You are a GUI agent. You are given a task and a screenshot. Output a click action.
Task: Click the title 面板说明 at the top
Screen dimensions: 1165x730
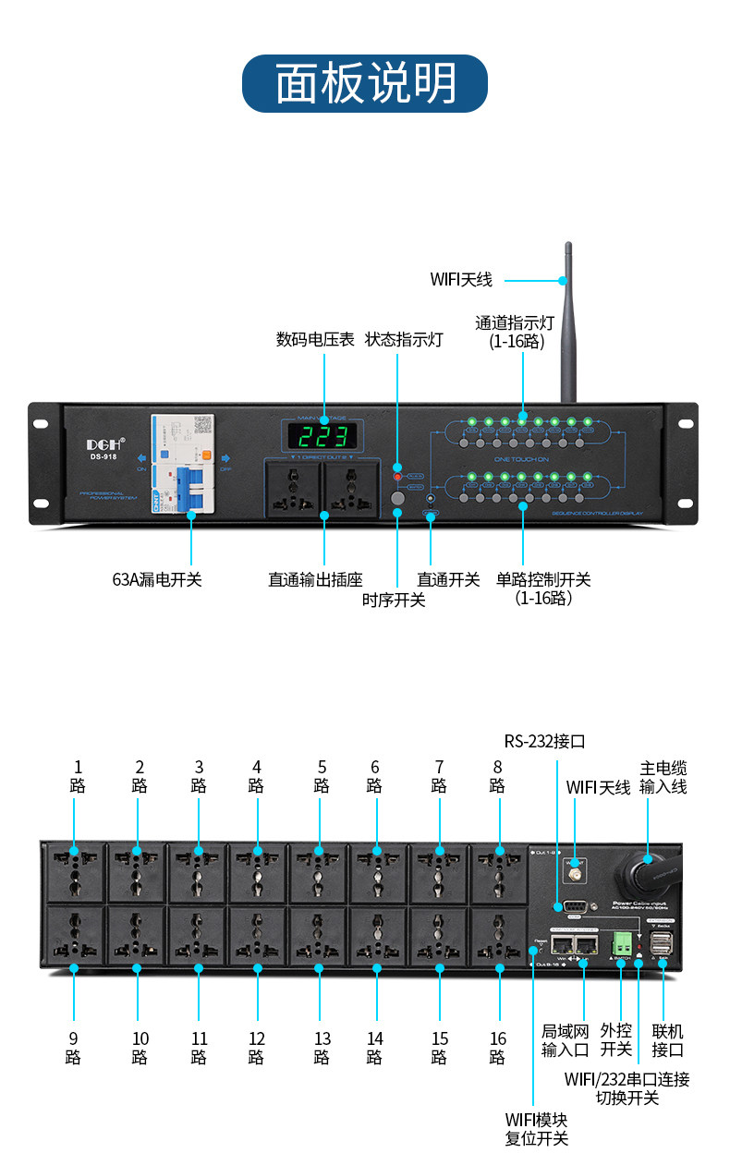(x=365, y=83)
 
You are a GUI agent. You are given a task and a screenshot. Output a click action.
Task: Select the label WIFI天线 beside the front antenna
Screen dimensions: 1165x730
(x=461, y=279)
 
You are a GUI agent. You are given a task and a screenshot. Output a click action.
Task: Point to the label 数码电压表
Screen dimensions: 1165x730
(x=315, y=340)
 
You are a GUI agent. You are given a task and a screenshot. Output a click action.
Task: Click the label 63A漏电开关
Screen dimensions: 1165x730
(x=156, y=580)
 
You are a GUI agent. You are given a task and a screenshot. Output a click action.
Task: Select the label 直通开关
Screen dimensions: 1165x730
(x=448, y=580)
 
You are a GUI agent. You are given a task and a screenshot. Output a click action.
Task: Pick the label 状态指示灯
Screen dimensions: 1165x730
(x=404, y=340)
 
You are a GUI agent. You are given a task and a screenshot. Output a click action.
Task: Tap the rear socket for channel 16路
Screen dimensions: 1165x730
(x=499, y=935)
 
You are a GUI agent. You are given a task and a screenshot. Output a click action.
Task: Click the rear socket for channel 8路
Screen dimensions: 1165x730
(x=499, y=873)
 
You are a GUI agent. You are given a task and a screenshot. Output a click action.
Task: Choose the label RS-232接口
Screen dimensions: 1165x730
(x=544, y=741)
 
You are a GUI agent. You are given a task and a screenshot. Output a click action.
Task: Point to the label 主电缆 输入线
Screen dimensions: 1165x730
(x=663, y=778)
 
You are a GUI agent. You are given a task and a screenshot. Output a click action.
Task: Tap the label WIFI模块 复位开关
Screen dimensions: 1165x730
(x=536, y=1129)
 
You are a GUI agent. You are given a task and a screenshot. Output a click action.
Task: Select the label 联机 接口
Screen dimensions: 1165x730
(x=667, y=1040)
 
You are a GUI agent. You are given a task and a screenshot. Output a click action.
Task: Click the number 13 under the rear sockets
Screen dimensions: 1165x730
(x=322, y=1039)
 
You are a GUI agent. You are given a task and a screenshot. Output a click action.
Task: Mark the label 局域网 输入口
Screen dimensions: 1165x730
(x=565, y=1040)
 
